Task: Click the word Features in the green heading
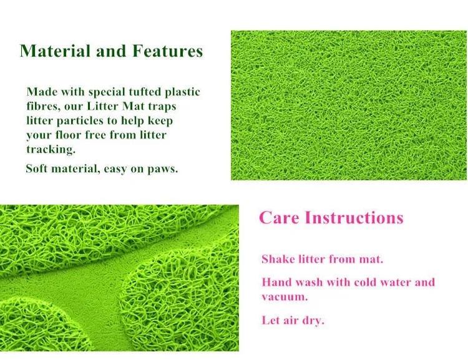[168, 51]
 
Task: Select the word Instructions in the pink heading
[354, 217]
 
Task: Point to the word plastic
[182, 92]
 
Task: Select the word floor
[69, 135]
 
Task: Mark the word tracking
[51, 149]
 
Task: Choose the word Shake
[278, 259]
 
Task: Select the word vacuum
[285, 297]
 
